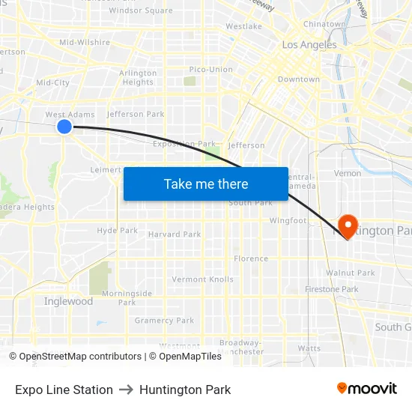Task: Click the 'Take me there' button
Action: tap(206, 184)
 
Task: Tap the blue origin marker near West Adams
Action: tap(64, 127)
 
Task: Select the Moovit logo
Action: tap(367, 389)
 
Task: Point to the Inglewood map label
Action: tap(68, 301)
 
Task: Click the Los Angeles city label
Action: tap(309, 45)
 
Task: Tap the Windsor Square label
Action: tap(141, 10)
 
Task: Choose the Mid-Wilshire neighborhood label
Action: tap(85, 43)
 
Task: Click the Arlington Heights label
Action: tap(138, 78)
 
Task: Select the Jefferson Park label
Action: tap(136, 115)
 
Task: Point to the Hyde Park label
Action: tap(117, 231)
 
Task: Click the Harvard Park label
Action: tap(175, 234)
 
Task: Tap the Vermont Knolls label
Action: tap(203, 279)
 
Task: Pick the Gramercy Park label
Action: tap(164, 321)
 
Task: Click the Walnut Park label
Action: tap(351, 273)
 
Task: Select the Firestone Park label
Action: tap(331, 289)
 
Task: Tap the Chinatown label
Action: tap(324, 24)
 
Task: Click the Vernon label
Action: tap(348, 173)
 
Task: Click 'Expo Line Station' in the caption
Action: tap(64, 390)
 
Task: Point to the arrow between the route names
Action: tap(126, 390)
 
